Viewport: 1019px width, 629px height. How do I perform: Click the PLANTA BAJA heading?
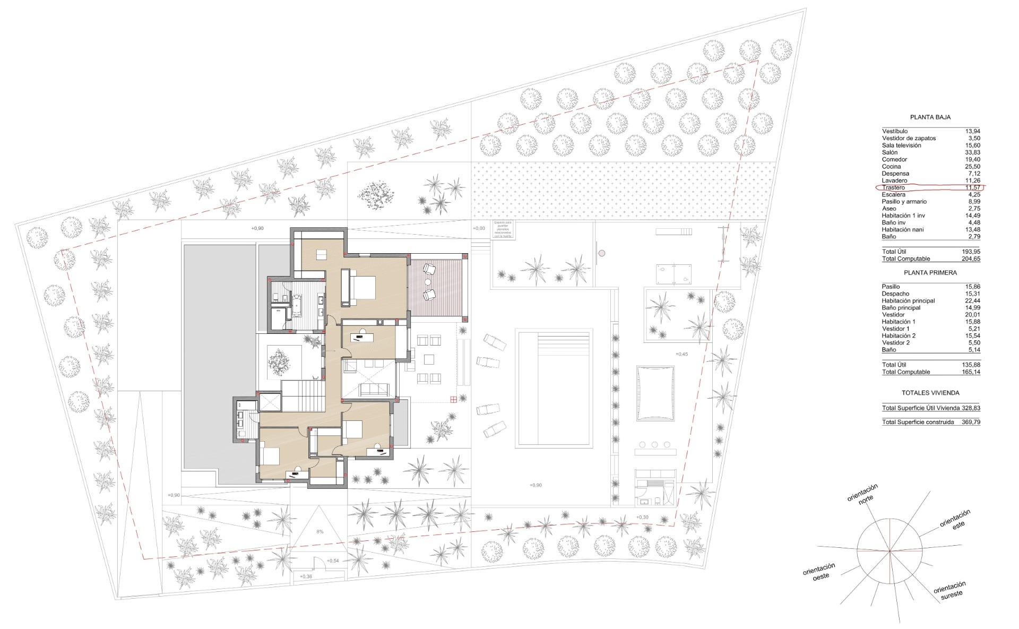pos(930,117)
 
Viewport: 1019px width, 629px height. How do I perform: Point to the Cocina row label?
pos(891,167)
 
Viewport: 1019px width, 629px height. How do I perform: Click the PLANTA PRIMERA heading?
pos(930,273)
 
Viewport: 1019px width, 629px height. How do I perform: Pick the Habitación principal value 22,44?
pos(971,301)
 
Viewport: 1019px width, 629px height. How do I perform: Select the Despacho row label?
pos(895,294)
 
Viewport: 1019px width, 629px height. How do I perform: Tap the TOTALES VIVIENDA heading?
pos(930,393)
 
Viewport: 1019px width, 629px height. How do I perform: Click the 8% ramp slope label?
pos(319,531)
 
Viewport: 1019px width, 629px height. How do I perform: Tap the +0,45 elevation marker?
pos(682,354)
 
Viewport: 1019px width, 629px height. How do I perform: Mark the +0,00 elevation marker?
pos(478,228)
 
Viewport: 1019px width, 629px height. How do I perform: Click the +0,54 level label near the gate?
pos(333,561)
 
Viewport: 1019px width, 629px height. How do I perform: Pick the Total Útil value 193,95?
pos(971,252)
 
